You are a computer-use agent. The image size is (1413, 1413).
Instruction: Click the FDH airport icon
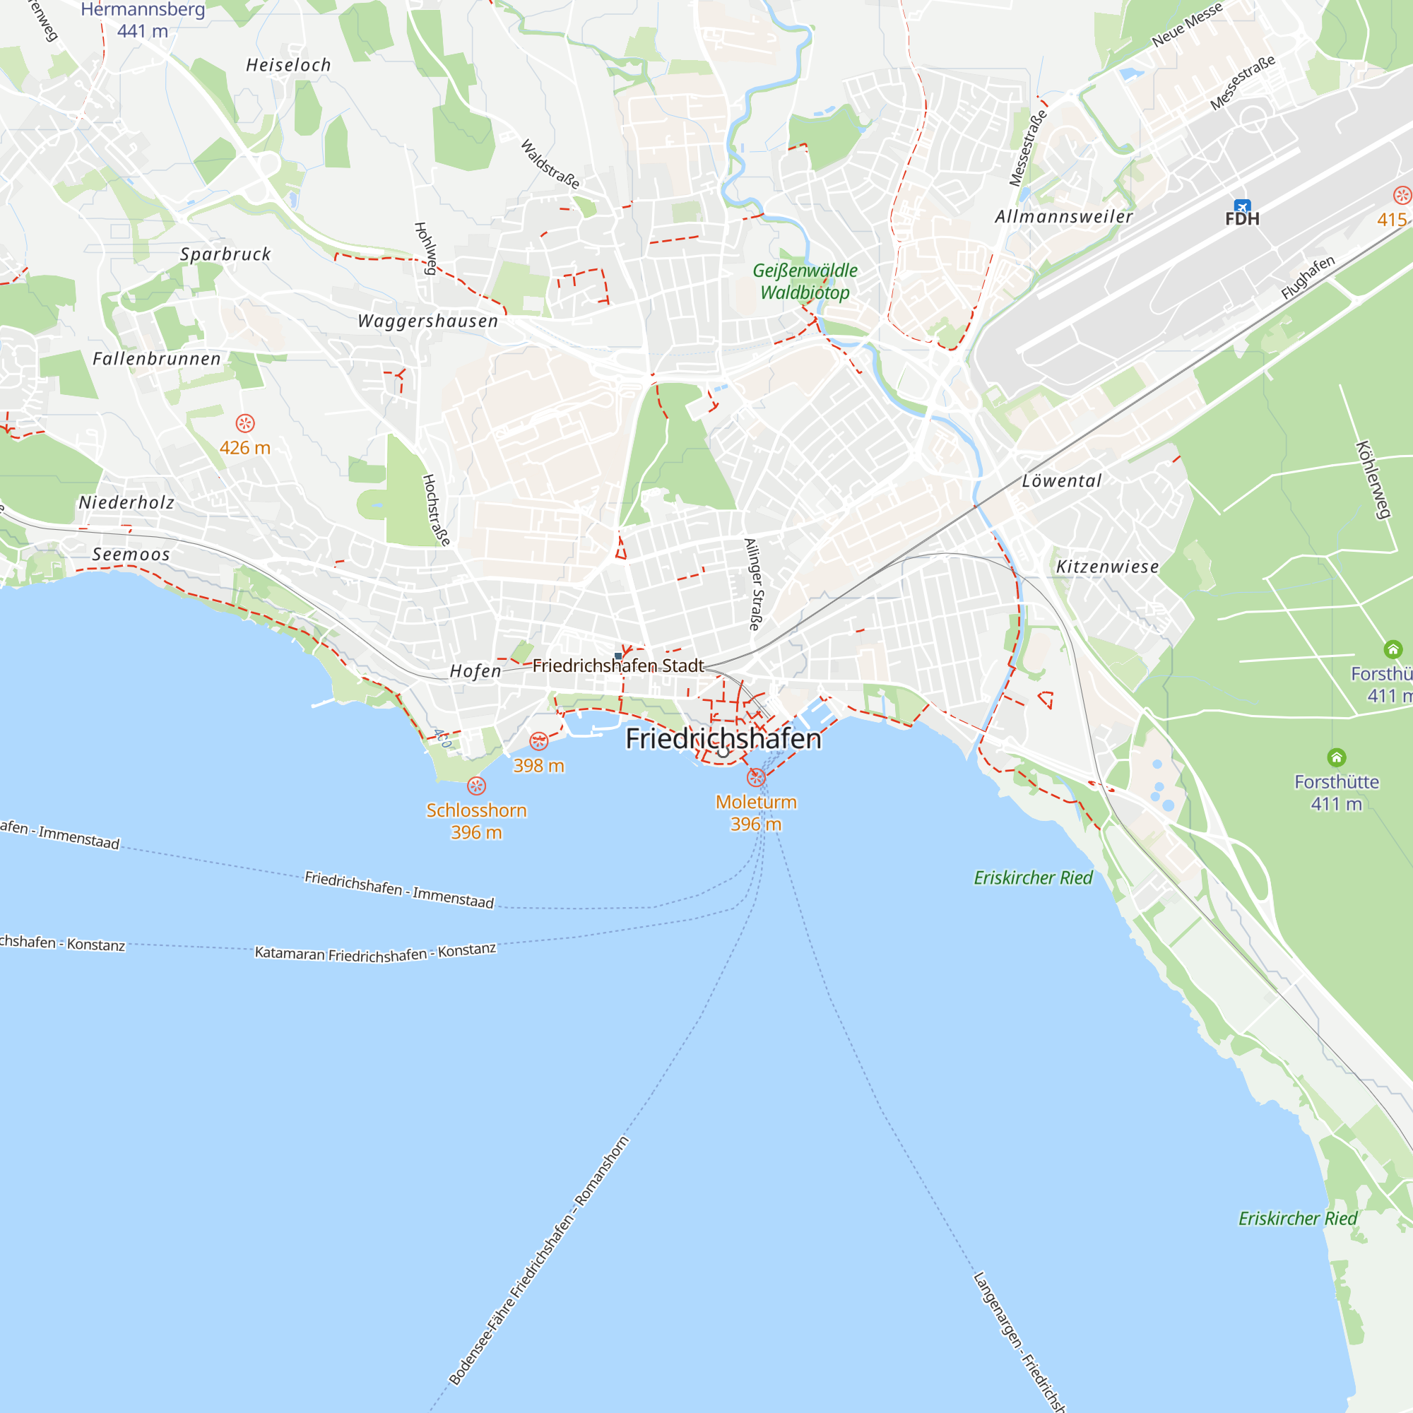click(1242, 206)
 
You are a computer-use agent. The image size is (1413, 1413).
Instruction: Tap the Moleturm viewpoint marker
click(756, 776)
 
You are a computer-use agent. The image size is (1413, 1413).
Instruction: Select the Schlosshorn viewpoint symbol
click(476, 786)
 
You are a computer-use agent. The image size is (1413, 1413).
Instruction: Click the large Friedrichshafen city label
click(723, 739)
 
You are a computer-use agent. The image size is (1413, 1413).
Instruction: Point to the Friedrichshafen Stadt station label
click(617, 666)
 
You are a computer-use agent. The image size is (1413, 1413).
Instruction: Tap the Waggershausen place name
click(428, 321)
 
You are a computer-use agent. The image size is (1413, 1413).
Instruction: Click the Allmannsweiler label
click(1063, 216)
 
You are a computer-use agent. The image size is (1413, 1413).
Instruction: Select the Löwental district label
click(1061, 480)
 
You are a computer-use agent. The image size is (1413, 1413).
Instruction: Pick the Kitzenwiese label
click(1107, 567)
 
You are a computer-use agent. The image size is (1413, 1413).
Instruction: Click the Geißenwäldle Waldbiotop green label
click(805, 282)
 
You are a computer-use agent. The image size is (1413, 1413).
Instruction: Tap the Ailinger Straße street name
click(753, 584)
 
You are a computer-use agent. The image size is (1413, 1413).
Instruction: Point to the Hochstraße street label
click(435, 510)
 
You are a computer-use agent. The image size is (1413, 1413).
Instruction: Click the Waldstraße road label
click(550, 164)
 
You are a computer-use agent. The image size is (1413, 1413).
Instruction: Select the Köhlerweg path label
click(1372, 479)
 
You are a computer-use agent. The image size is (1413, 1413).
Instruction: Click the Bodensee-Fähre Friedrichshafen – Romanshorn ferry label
click(539, 1260)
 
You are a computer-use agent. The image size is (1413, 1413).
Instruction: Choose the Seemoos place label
click(131, 555)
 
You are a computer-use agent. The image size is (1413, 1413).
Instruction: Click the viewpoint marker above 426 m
click(245, 423)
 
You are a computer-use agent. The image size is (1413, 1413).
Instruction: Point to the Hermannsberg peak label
click(143, 10)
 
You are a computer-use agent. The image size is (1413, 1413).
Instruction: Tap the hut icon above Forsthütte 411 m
click(1336, 757)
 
